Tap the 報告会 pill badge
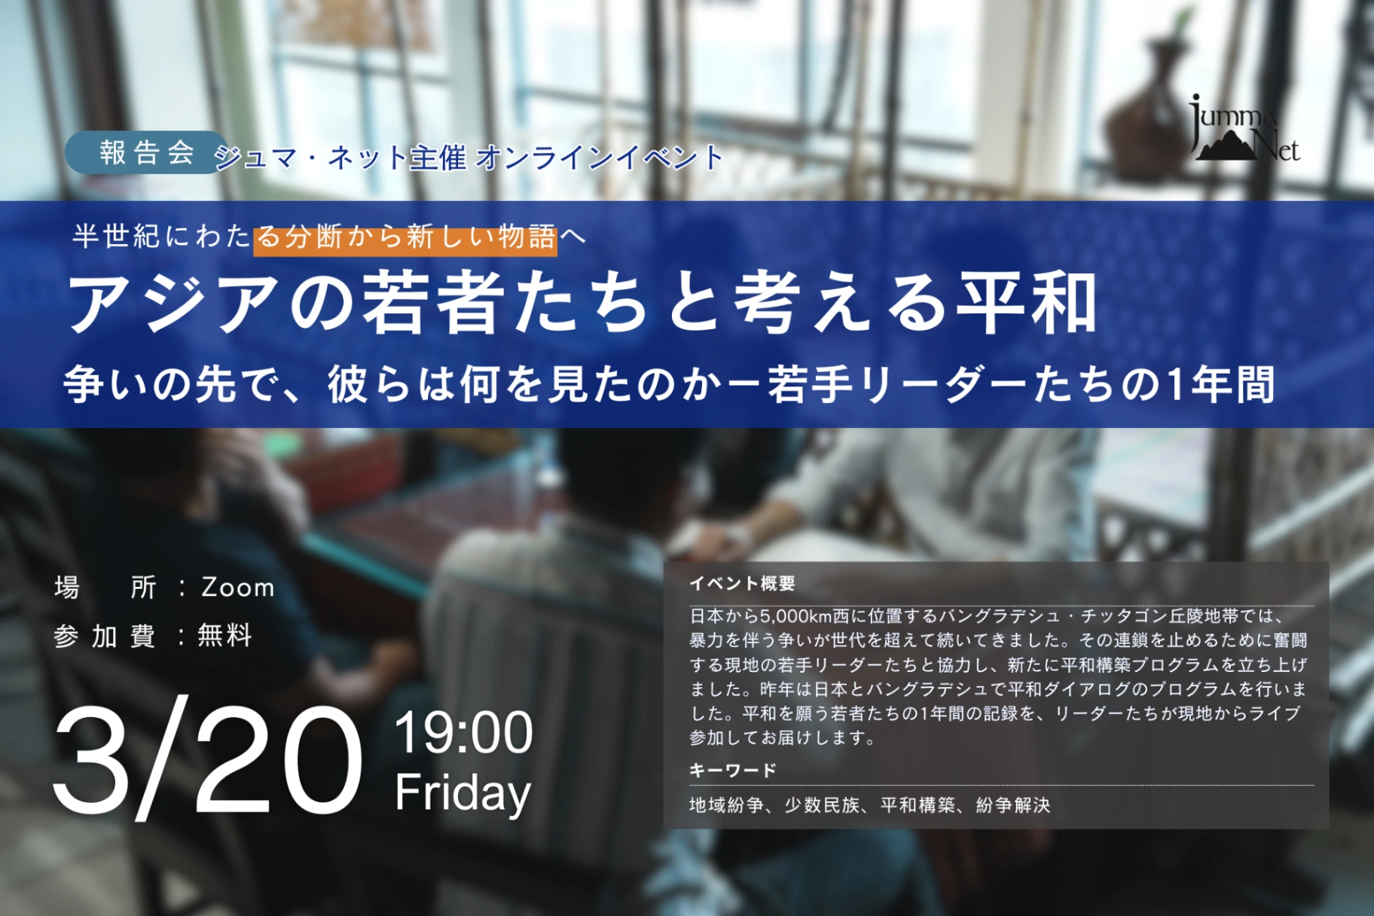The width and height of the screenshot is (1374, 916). coord(145,153)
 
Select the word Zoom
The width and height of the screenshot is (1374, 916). coord(238,588)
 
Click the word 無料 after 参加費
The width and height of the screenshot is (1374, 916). coord(224,636)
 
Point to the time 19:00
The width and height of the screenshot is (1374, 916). coord(463,732)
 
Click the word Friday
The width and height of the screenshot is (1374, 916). coord(463,794)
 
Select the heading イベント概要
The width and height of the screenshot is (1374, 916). coord(742,583)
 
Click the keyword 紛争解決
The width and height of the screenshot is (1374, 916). coord(1013,805)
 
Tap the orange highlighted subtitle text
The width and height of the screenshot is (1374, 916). coord(405,237)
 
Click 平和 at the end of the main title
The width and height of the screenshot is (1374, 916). coord(1026,304)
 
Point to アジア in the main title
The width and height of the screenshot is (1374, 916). coord(173,304)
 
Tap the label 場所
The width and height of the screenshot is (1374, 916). coord(105,588)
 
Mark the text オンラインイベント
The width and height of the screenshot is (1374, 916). coord(600,157)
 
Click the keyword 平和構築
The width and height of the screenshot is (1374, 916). coord(918,805)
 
